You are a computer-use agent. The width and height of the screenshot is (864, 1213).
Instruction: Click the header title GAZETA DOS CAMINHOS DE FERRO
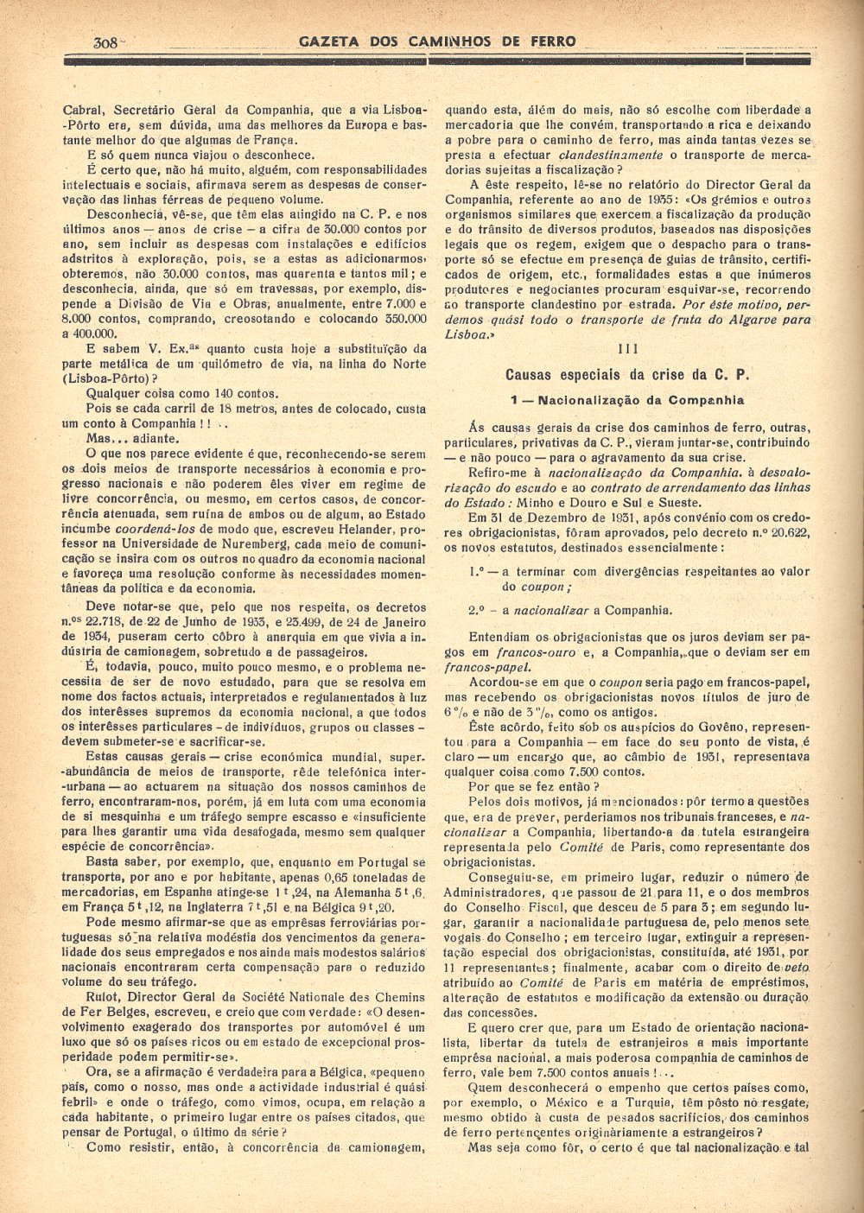(x=436, y=41)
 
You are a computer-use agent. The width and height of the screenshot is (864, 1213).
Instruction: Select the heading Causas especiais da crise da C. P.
(x=627, y=375)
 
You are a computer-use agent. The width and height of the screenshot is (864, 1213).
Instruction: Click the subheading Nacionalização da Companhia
(x=627, y=400)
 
